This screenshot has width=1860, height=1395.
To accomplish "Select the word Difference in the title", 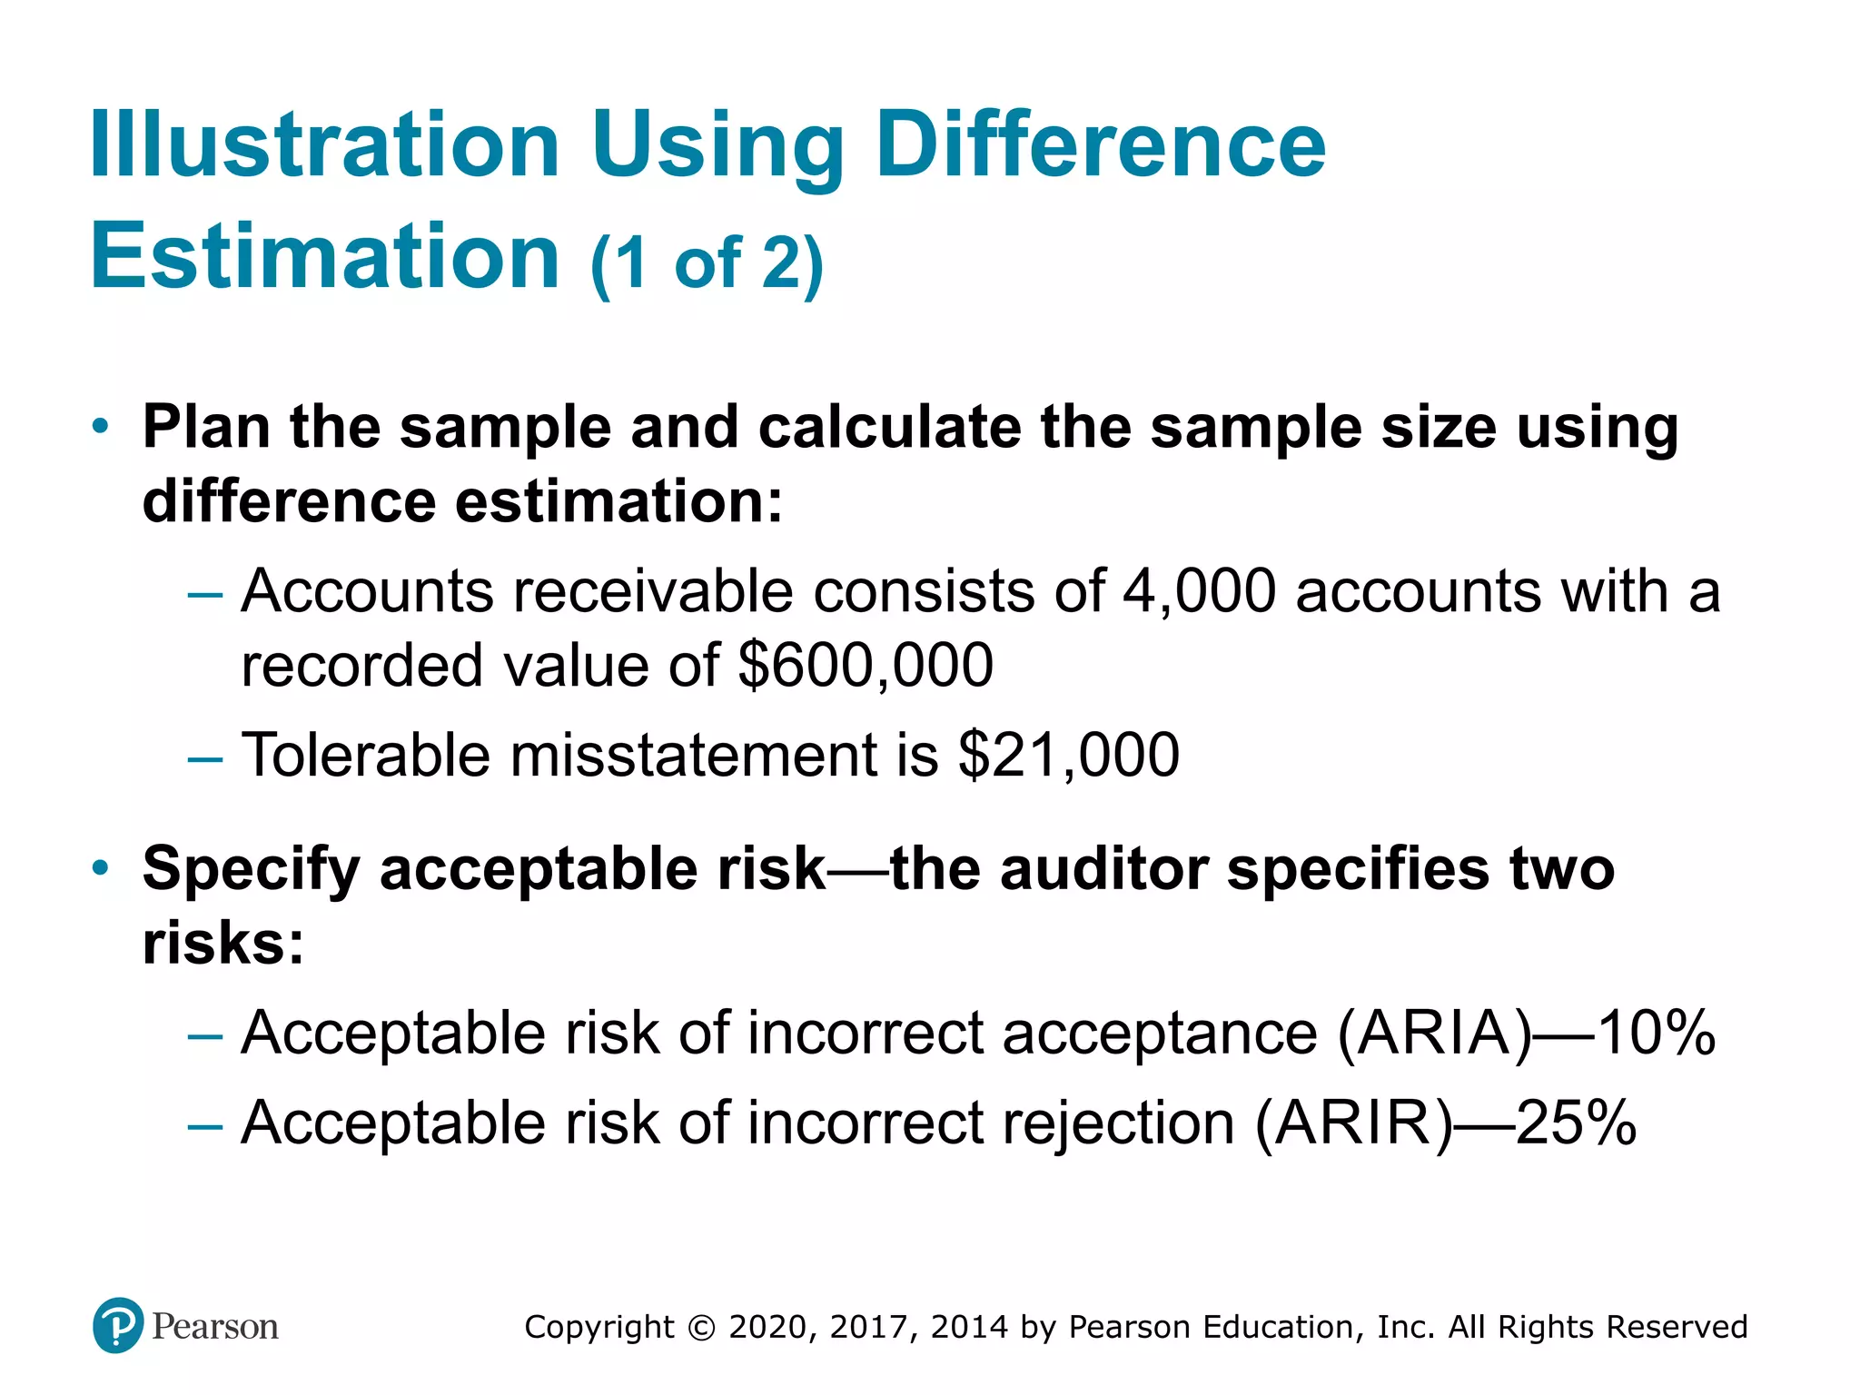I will [1100, 145].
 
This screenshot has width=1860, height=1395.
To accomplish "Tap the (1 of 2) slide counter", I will [707, 263].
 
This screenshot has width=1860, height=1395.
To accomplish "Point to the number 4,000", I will [1199, 591].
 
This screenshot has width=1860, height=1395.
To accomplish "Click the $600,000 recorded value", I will [865, 665].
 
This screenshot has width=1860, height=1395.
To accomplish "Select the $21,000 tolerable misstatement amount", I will [1068, 755].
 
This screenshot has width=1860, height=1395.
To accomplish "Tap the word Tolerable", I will [365, 755].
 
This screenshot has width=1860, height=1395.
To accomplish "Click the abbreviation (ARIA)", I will [1433, 1033].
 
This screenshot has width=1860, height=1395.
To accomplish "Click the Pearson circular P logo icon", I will [118, 1326].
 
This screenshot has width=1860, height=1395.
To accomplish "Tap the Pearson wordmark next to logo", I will [215, 1327].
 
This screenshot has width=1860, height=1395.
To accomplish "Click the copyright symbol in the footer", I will [701, 1328].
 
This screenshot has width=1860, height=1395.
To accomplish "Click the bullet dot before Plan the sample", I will [101, 426].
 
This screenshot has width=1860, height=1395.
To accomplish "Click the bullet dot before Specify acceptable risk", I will [101, 868].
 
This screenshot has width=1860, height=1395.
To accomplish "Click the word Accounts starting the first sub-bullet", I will [366, 591].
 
